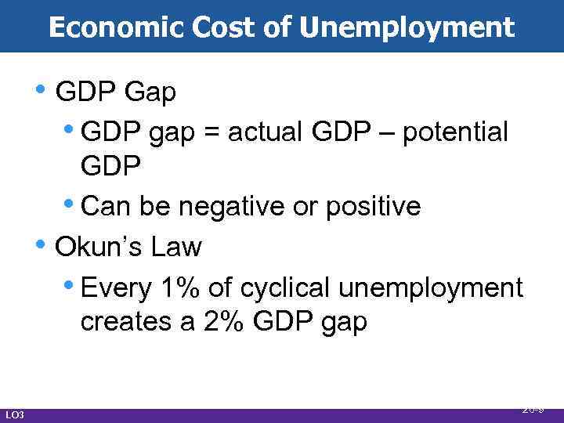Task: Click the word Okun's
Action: pyautogui.click(x=98, y=248)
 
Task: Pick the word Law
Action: pyautogui.click(x=178, y=248)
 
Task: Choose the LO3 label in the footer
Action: pyautogui.click(x=15, y=414)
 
